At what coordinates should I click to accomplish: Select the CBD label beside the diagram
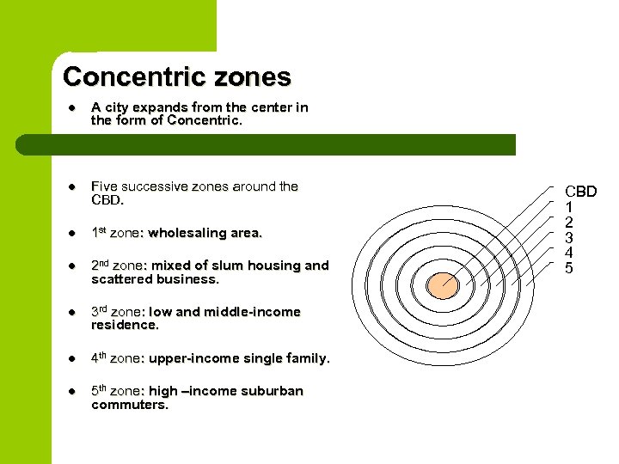click(x=580, y=191)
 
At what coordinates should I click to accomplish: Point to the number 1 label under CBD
click(x=568, y=207)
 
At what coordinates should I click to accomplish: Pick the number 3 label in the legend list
click(x=568, y=237)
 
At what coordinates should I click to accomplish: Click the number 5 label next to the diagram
click(x=568, y=268)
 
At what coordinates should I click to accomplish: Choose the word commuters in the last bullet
click(x=129, y=404)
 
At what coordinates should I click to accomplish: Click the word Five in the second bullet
click(x=104, y=186)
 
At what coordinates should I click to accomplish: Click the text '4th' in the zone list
click(x=99, y=357)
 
